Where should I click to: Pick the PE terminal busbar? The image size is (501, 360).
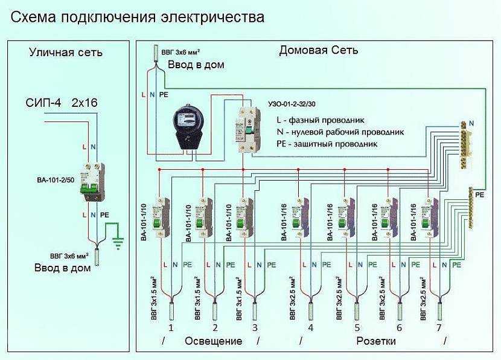[x=471, y=208]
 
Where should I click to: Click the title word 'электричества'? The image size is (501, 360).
[x=212, y=17]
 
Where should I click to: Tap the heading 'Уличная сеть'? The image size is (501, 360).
[x=66, y=53]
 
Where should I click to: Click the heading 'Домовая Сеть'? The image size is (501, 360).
[x=318, y=50]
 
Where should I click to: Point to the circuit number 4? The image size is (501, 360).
[x=310, y=328]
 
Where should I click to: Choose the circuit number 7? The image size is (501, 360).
[x=439, y=328]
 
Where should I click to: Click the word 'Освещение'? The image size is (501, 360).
[x=213, y=341]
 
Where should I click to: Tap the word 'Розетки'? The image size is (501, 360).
[x=376, y=341]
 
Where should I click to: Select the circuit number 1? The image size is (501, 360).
[x=171, y=328]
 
